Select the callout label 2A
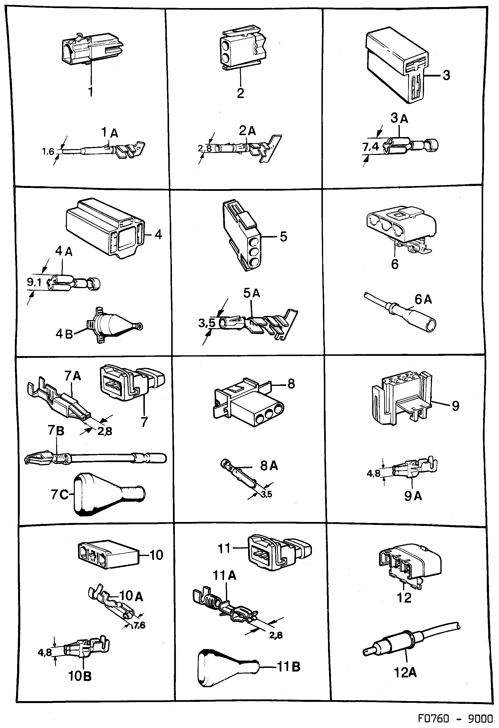247,131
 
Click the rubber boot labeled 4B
110,326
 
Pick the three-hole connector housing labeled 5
241,235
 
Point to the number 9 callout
455,406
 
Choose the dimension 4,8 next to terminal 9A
373,473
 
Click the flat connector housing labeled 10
106,555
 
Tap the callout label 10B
80,676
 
